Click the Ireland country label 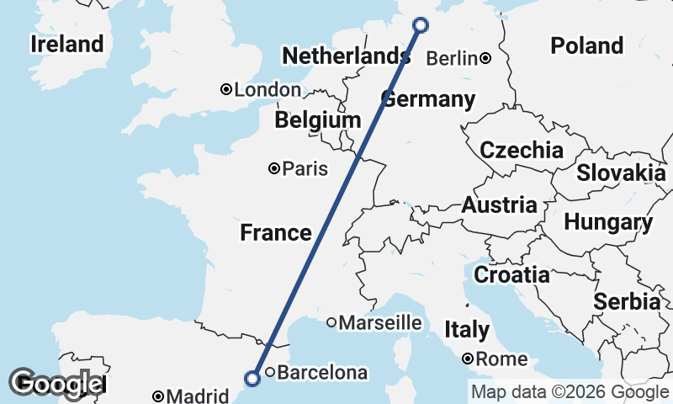pos(66,44)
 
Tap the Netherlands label pos(346,56)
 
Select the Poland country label pos(587,45)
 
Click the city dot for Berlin pos(486,58)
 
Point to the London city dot pos(226,89)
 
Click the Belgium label pos(317,120)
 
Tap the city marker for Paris pos(273,169)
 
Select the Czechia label pos(521,151)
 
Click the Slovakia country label pos(621,173)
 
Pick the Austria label pos(499,205)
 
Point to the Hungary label pos(608,223)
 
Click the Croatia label pos(511,274)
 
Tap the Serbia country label pos(626,301)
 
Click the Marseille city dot pos(331,322)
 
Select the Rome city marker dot pos(468,359)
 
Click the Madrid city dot pos(158,396)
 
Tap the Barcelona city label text pos(322,372)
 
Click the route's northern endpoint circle pos(421,25)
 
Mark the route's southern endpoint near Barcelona pos(252,379)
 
